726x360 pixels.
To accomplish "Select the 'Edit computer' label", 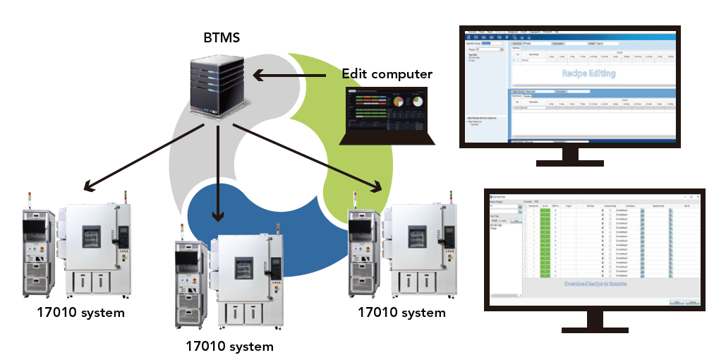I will point(387,73).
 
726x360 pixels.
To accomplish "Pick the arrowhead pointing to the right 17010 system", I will point(378,188).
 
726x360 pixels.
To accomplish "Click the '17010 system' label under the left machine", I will point(81,312).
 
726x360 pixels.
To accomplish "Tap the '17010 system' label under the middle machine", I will point(229,346).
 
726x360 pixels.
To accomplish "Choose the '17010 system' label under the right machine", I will point(401,312).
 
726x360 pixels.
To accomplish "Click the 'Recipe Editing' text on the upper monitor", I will point(588,73).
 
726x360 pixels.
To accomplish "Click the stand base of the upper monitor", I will point(569,161).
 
